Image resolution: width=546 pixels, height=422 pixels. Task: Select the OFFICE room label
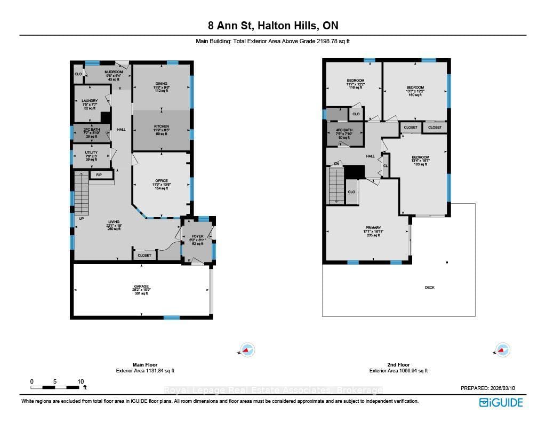coord(161,181)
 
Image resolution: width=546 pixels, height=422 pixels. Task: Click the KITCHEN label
coord(161,126)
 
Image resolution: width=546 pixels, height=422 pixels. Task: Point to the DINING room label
coord(161,84)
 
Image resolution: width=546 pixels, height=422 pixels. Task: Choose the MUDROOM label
coord(114,72)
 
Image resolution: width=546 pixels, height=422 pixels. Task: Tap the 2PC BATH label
coord(89,129)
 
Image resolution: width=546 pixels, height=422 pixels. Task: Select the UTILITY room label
coord(91,153)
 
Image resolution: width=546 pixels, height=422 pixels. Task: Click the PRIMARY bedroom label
coord(373,228)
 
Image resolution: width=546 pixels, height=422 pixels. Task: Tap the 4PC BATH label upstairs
coord(344,130)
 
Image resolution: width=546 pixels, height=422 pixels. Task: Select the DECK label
coord(430,288)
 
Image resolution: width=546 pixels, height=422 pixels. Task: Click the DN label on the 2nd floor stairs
coord(337,164)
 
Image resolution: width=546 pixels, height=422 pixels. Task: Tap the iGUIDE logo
coord(501,402)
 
